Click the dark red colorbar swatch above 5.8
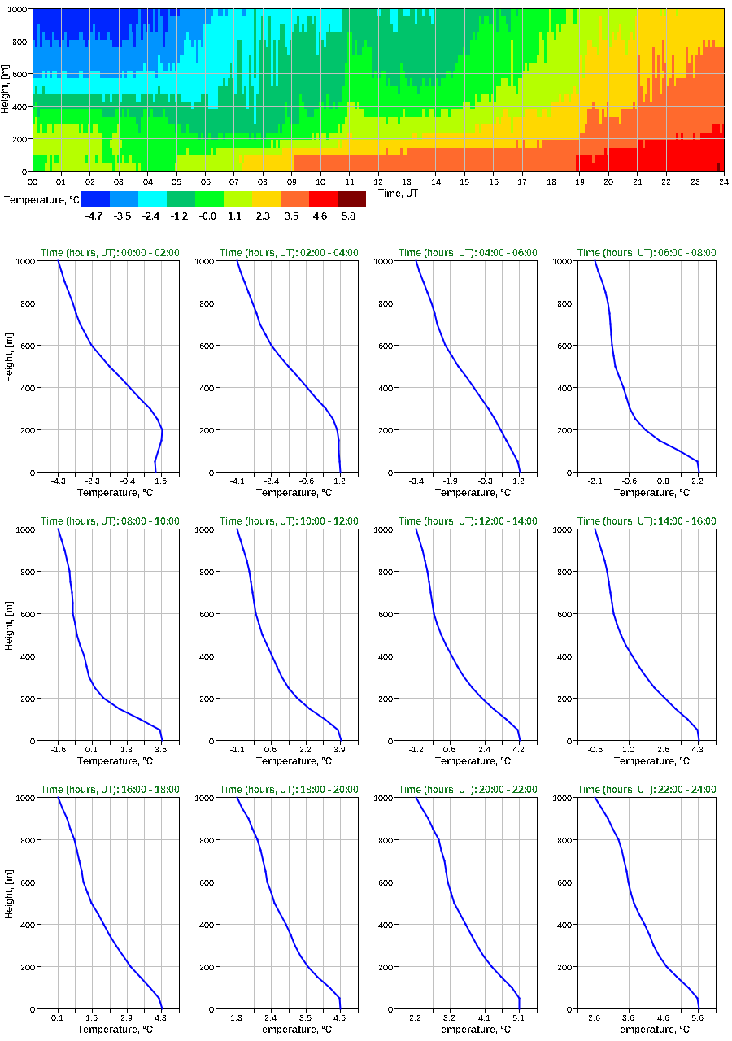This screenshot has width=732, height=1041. point(351,198)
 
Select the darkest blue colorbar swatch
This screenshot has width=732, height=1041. point(95,198)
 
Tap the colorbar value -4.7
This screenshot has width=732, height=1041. point(94,216)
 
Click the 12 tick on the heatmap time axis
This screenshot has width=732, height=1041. point(378,181)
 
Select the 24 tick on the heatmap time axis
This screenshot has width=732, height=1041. point(723,181)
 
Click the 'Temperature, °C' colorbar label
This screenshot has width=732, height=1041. point(41,199)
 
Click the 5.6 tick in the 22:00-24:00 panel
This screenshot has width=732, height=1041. point(698,1017)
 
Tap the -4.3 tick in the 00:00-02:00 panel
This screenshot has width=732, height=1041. point(59,481)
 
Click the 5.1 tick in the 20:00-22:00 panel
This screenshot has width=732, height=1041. point(519,1017)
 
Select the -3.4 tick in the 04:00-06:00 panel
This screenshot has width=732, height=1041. point(416,481)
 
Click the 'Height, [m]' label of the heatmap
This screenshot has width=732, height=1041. point(6,89)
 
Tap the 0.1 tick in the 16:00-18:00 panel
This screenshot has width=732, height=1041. point(59,1017)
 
